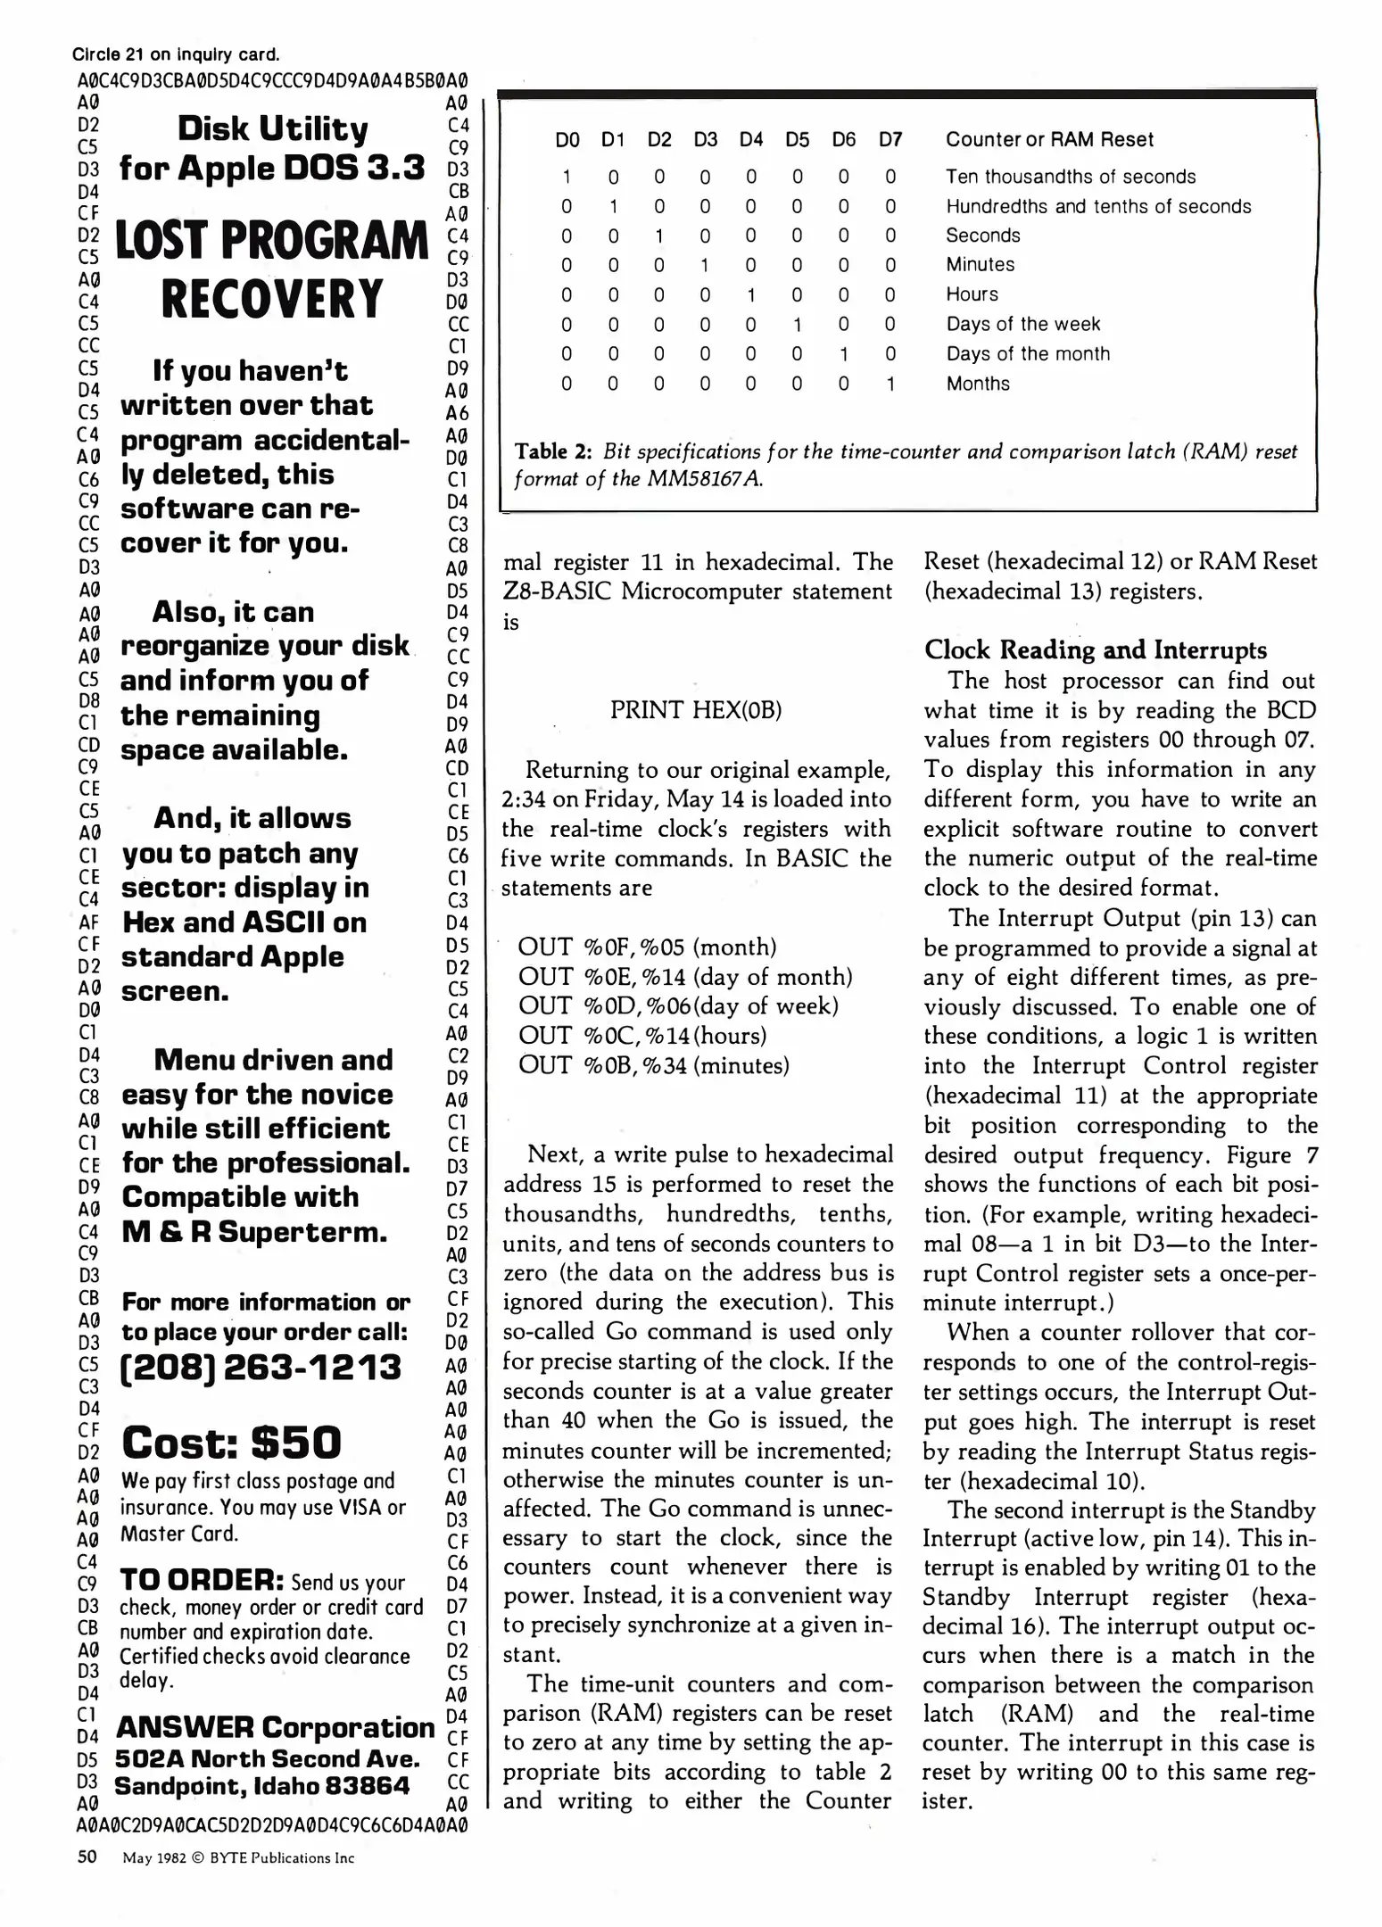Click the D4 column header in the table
[751, 139]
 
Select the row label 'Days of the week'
[1022, 324]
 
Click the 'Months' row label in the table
[978, 384]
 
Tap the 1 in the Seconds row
[658, 236]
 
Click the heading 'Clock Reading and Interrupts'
[1095, 649]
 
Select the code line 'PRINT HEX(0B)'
[696, 710]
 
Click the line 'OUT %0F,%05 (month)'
[647, 947]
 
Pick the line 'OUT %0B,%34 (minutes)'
[653, 1065]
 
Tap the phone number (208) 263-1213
[261, 1368]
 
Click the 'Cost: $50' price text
[231, 1443]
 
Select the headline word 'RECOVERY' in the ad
[272, 299]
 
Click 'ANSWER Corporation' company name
[275, 1727]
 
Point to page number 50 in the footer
[87, 1857]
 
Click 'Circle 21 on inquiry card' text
[176, 55]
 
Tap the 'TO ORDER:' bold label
[202, 1580]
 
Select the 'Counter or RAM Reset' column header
[1049, 139]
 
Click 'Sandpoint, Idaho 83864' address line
[261, 1786]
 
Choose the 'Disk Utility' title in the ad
[272, 129]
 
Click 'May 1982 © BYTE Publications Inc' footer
[238, 1858]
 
